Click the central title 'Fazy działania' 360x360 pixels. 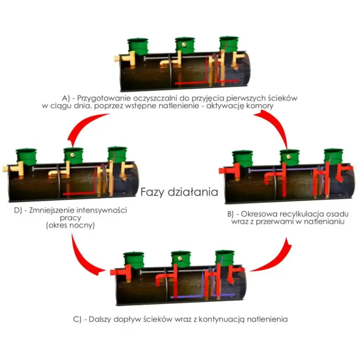[x=179, y=192]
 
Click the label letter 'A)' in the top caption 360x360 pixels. [x=66, y=98]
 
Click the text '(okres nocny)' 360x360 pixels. [x=70, y=225]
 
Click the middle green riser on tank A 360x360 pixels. [x=185, y=45]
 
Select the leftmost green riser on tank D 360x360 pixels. [x=26, y=157]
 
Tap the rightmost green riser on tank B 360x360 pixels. [x=334, y=157]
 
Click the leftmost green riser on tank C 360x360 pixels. [x=134, y=260]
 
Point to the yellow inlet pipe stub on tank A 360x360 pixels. [x=117, y=59]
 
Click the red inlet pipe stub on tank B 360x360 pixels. [x=222, y=171]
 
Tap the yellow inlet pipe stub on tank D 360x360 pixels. [x=6, y=169]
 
